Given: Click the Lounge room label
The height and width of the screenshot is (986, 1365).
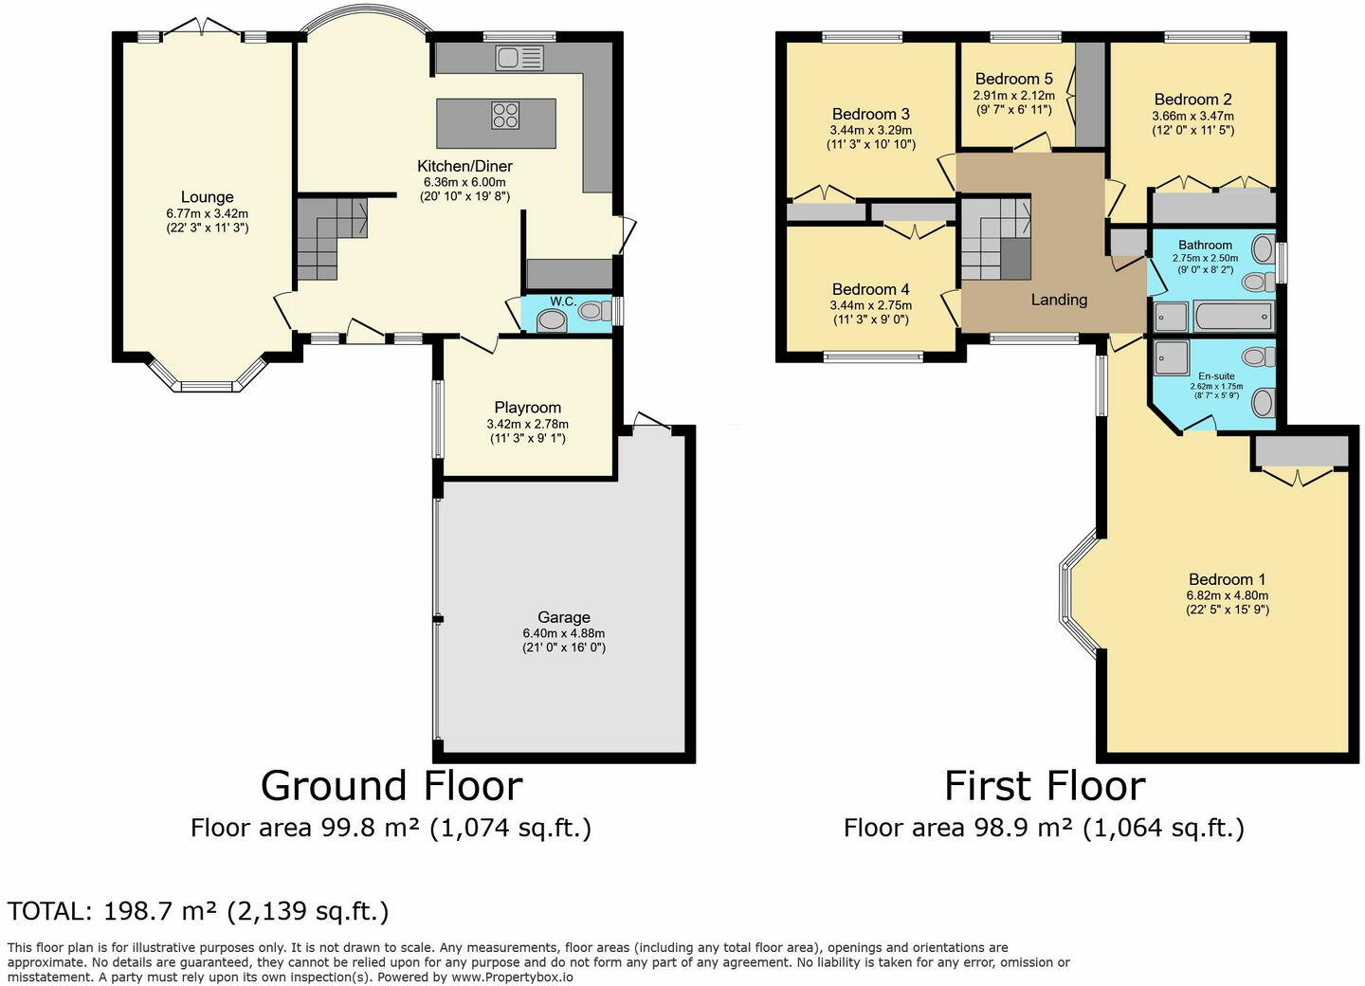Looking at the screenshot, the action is pyautogui.click(x=208, y=197).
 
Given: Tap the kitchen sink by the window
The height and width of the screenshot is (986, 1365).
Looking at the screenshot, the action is pyautogui.click(x=519, y=58).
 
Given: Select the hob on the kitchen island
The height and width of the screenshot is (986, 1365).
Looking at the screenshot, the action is pyautogui.click(x=505, y=116).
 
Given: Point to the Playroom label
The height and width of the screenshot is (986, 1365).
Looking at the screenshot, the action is pyautogui.click(x=528, y=407).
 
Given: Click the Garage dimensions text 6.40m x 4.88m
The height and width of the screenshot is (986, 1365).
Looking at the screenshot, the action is pyautogui.click(x=564, y=633).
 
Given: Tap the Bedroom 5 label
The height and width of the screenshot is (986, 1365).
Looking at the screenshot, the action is pyautogui.click(x=1014, y=79).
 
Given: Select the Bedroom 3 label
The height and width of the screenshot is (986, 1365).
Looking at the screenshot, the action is pyautogui.click(x=871, y=114).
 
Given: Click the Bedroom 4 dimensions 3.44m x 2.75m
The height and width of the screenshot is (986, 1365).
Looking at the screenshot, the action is pyautogui.click(x=871, y=305).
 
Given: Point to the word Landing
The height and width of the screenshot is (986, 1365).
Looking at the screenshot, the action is pyautogui.click(x=1059, y=300).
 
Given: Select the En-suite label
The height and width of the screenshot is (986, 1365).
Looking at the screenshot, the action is pyautogui.click(x=1216, y=376).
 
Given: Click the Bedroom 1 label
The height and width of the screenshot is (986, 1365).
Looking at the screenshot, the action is pyautogui.click(x=1228, y=579).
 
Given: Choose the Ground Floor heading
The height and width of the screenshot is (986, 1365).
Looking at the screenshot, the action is pyautogui.click(x=391, y=786).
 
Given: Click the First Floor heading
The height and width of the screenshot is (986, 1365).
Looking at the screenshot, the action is pyautogui.click(x=1045, y=786).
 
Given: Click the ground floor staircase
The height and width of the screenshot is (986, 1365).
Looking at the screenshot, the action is pyautogui.click(x=333, y=238).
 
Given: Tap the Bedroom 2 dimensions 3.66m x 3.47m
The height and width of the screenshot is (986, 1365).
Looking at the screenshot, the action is pyautogui.click(x=1192, y=116).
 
